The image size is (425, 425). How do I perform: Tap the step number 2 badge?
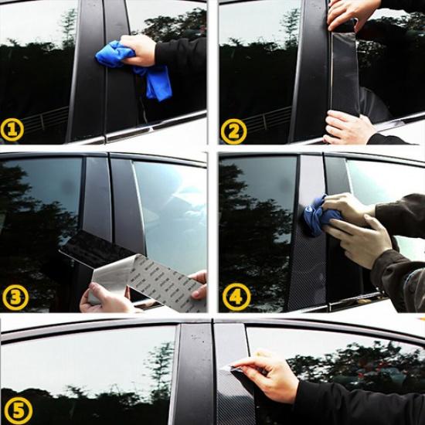pyautogui.click(x=233, y=131)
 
